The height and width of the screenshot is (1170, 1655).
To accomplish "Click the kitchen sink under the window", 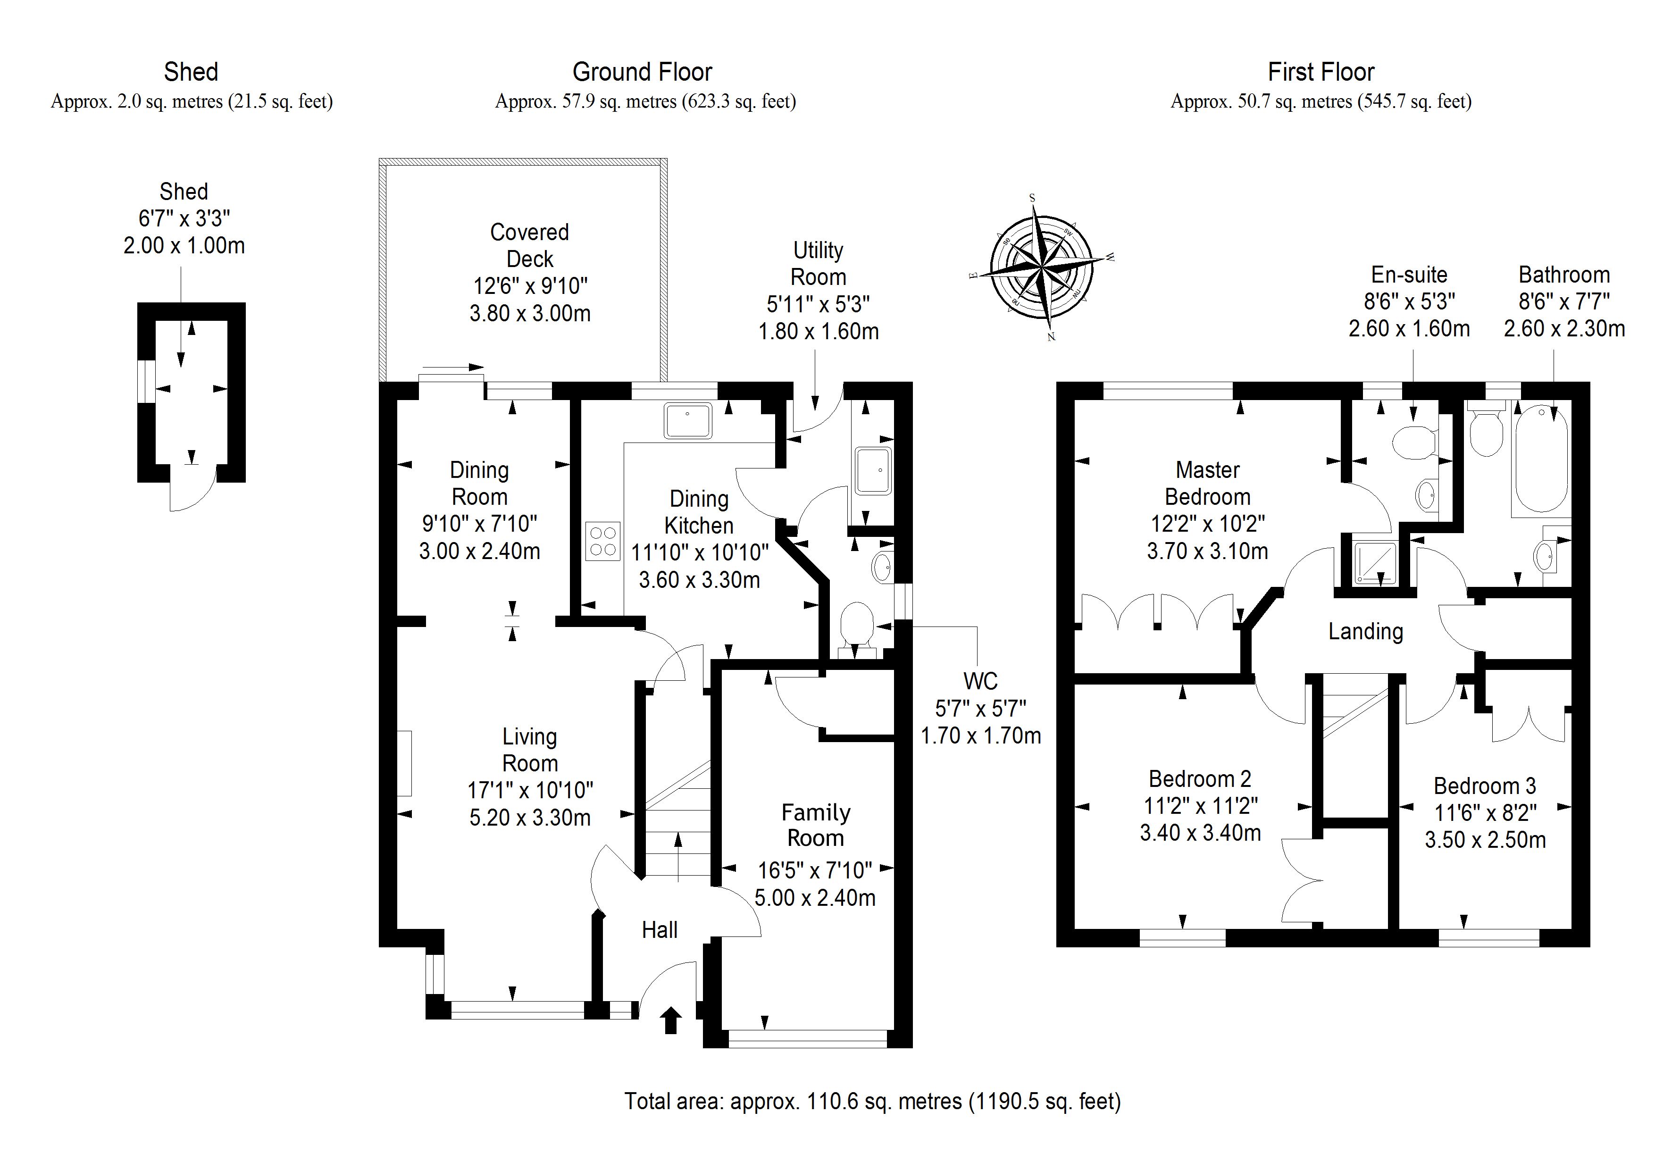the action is [688, 421].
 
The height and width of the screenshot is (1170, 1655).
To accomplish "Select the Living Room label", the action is [530, 750].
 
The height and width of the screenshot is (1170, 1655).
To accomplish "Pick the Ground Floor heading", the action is [642, 72].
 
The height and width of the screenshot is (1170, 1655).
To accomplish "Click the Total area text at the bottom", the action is [872, 1102].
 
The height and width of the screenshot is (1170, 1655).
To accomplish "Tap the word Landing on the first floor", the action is [1365, 632].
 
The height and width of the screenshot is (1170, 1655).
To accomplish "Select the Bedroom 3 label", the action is [1484, 786].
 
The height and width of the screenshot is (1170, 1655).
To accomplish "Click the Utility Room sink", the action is [873, 470].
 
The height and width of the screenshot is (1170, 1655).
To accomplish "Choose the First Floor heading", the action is [1321, 72].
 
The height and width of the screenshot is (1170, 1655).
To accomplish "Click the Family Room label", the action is [815, 826].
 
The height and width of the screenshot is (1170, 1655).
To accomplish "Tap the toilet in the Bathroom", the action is [1485, 431].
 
